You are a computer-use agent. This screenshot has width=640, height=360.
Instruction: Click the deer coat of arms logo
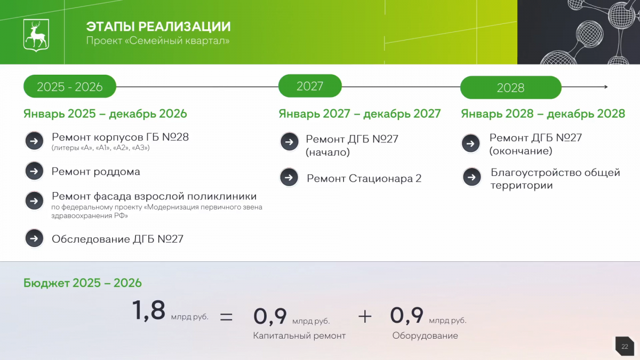click(36, 35)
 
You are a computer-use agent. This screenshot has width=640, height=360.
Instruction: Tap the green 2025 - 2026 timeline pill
click(70, 86)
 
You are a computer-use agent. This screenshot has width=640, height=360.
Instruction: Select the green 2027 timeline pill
click(310, 86)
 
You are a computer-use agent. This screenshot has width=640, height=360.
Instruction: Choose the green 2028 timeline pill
click(511, 87)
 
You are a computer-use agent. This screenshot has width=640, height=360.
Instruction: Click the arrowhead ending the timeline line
click(606, 86)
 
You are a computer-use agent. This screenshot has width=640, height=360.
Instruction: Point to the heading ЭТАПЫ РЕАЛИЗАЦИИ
click(158, 27)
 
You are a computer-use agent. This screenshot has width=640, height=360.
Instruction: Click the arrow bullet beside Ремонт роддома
click(34, 171)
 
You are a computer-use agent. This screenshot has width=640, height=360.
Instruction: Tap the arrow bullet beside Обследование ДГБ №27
click(34, 238)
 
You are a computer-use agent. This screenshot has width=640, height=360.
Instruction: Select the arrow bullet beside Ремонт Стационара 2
click(289, 178)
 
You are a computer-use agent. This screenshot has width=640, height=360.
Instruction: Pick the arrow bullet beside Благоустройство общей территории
click(471, 177)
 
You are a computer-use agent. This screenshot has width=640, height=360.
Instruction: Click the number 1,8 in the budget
click(149, 310)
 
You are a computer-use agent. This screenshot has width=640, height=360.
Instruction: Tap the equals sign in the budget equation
click(226, 317)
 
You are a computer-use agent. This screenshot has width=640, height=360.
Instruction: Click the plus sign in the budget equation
click(365, 317)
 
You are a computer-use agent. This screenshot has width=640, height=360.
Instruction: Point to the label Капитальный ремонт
click(299, 335)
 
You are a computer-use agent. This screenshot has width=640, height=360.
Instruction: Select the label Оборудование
click(425, 335)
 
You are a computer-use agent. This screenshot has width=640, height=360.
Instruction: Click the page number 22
click(625, 347)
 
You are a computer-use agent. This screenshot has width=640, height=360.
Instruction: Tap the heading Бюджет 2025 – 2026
click(83, 283)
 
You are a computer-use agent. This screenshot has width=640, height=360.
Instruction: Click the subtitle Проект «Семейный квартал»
click(158, 41)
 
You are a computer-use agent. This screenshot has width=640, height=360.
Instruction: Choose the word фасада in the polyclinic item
click(111, 196)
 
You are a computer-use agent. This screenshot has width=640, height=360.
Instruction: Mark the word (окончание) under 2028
click(521, 151)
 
